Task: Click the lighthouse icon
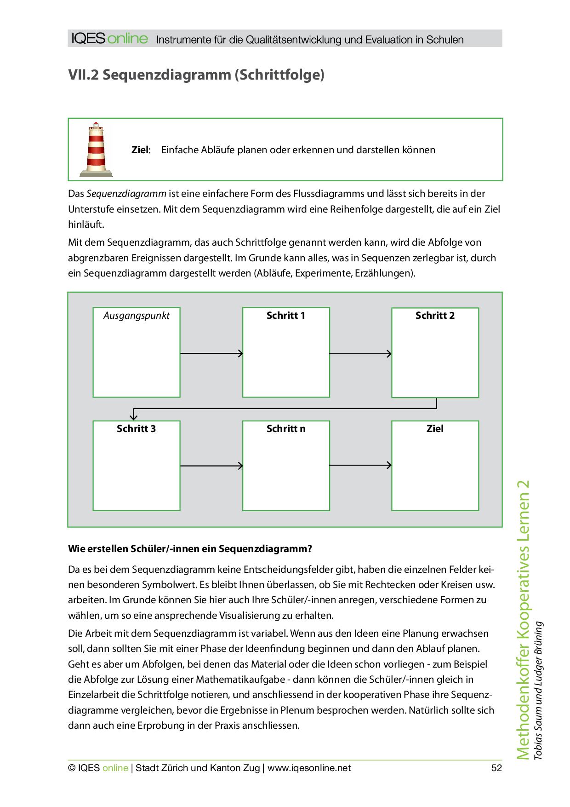pos(96,150)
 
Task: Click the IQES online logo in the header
pos(110,39)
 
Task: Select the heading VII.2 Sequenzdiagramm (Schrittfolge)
pos(196,75)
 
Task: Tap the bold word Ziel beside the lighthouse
pos(140,150)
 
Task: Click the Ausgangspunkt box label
pos(137,316)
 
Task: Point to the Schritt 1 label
pos(286,316)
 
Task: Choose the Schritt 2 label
pos(435,316)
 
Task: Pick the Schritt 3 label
pos(136,429)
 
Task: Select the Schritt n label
pos(286,429)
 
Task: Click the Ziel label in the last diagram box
pos(435,429)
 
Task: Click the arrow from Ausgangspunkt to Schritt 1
pos(211,353)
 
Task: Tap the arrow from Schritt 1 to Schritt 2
pos(360,354)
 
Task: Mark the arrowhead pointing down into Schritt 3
pos(134,416)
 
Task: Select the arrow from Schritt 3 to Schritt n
pos(211,466)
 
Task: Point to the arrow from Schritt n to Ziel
pos(360,466)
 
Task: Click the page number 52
pos(496,768)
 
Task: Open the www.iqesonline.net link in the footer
pos(309,768)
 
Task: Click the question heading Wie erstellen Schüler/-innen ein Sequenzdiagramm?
pos(190,549)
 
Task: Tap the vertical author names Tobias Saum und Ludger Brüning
pos(538,690)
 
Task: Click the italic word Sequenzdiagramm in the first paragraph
pos(126,194)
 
